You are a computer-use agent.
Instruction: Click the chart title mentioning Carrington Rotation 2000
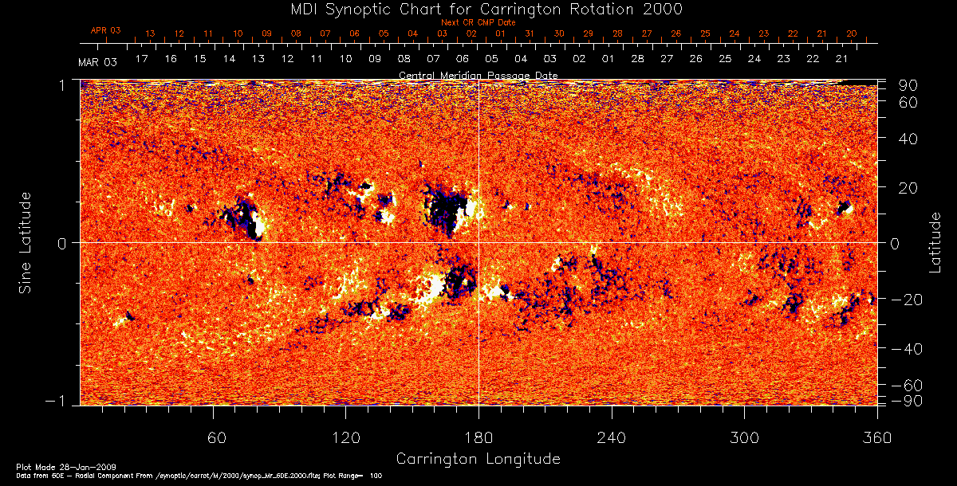coord(478,9)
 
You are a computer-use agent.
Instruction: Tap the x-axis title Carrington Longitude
coord(478,459)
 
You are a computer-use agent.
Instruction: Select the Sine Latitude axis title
coord(26,242)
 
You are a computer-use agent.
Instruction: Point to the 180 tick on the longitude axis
coord(478,437)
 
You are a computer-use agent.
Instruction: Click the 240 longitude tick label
coord(612,437)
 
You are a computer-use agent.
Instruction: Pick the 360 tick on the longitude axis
coord(877,437)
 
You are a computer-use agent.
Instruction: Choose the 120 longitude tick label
coord(345,437)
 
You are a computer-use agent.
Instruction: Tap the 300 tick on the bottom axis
coord(744,437)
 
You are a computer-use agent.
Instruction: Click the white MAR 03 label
coord(98,62)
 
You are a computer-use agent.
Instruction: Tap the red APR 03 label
coord(105,30)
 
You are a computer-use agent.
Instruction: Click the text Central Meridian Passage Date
coord(478,76)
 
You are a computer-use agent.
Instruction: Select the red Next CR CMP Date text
coord(478,22)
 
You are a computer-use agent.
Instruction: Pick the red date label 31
coord(530,33)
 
